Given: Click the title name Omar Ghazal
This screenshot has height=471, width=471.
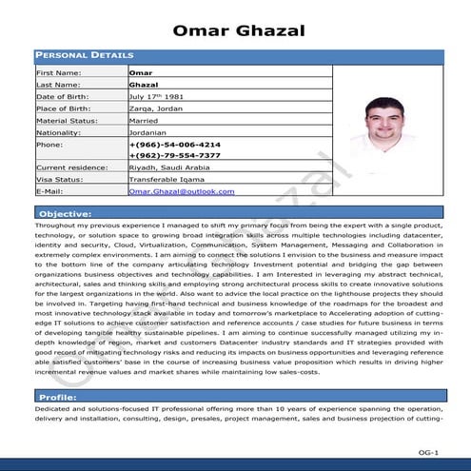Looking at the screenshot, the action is [x=240, y=30].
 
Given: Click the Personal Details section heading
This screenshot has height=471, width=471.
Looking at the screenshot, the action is [x=85, y=56].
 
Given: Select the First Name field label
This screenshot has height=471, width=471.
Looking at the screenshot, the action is [x=58, y=72].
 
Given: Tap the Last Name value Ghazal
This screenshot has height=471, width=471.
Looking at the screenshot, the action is [x=144, y=85].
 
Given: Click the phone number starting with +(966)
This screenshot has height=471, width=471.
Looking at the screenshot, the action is [x=174, y=144].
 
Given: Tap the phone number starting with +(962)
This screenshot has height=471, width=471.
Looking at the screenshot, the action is [x=174, y=155].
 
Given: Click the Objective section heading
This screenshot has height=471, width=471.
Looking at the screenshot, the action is [x=66, y=213].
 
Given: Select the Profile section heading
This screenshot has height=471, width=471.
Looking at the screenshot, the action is [x=58, y=396].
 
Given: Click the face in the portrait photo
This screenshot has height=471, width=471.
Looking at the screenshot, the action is [x=384, y=118].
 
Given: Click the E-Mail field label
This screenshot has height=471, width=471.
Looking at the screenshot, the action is [x=49, y=191].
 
